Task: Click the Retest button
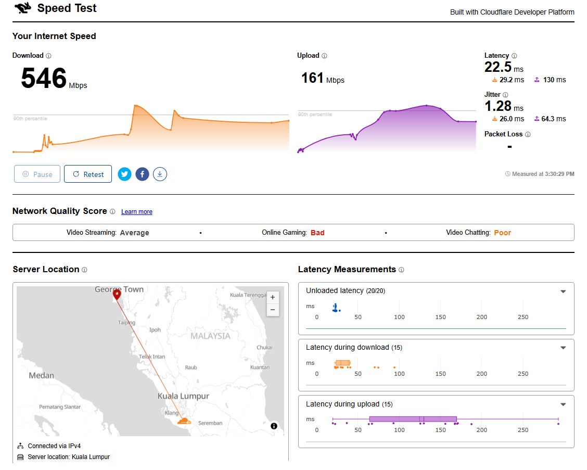88,174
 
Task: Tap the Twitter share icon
125,174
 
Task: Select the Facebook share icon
142,174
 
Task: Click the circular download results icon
160,174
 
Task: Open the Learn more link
137,212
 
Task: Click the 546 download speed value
44,78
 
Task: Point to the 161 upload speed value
312,78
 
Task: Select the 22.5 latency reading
498,67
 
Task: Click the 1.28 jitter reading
498,106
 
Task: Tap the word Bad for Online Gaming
317,233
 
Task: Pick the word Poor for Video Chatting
502,233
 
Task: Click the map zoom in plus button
273,297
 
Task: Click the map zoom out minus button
273,310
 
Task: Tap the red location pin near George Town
117,295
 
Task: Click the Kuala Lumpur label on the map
183,396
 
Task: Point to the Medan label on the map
42,375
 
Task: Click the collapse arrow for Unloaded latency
563,291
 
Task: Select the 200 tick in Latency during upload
482,430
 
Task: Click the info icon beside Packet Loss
528,134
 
